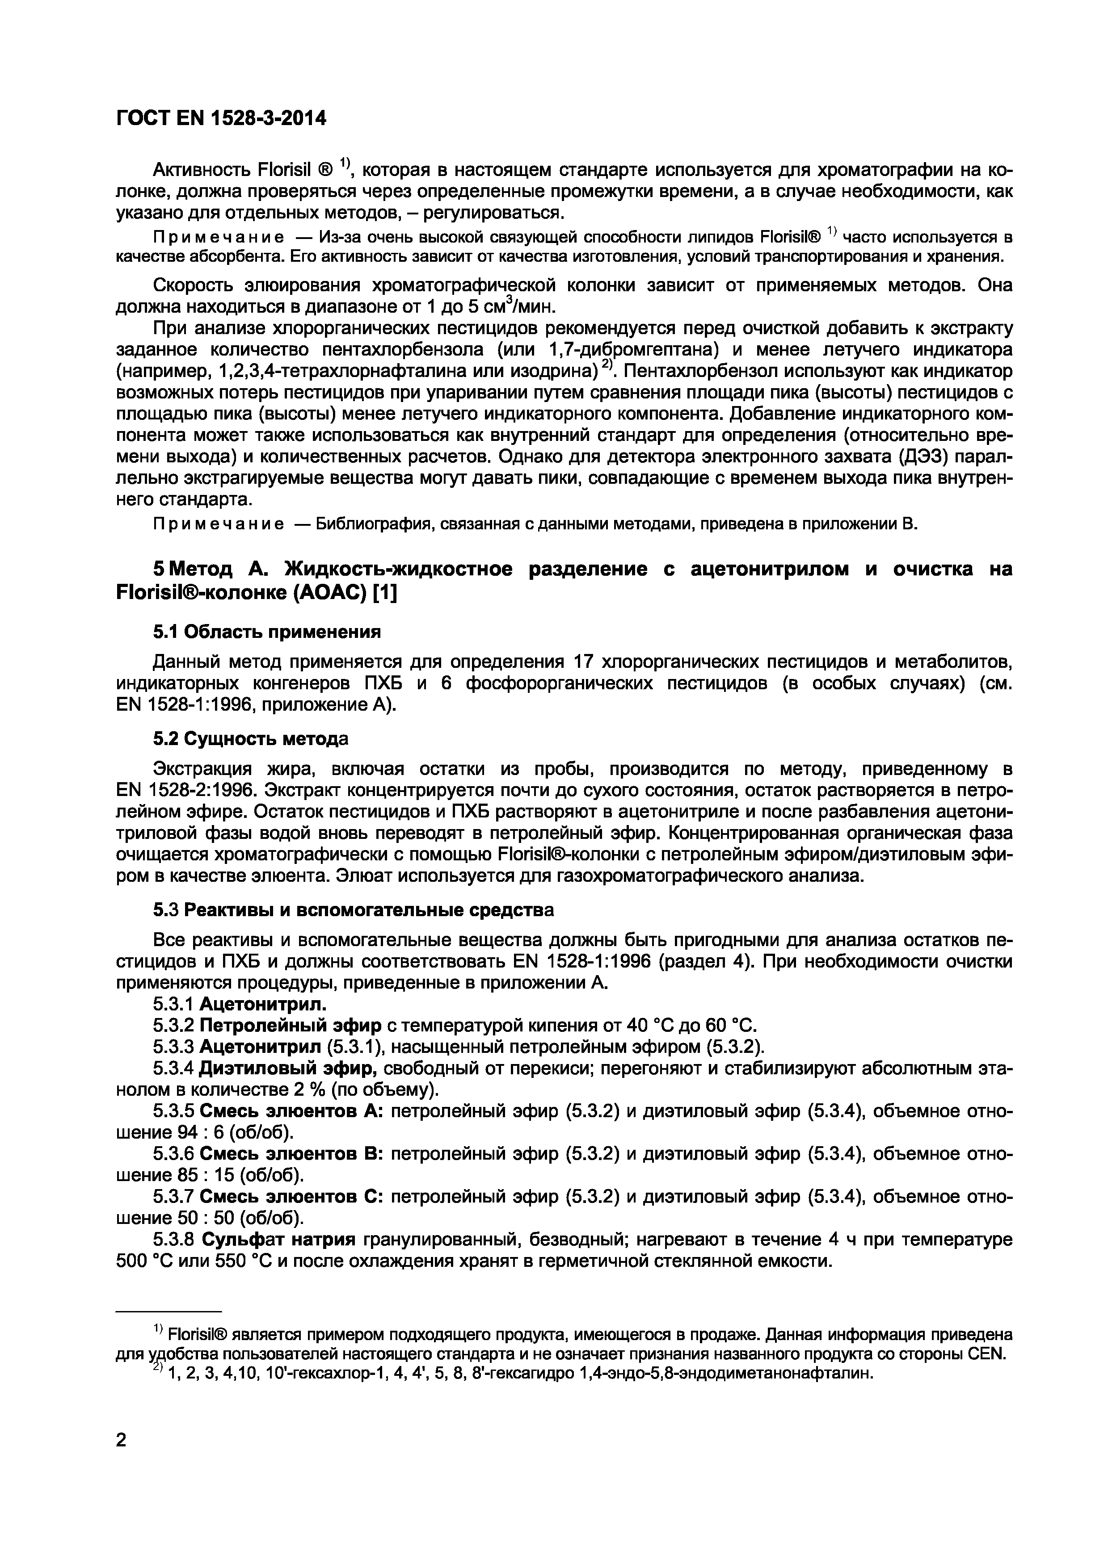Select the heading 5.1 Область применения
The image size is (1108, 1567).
pyautogui.click(x=266, y=632)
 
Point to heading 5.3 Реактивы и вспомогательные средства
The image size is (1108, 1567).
pyautogui.click(x=353, y=910)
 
